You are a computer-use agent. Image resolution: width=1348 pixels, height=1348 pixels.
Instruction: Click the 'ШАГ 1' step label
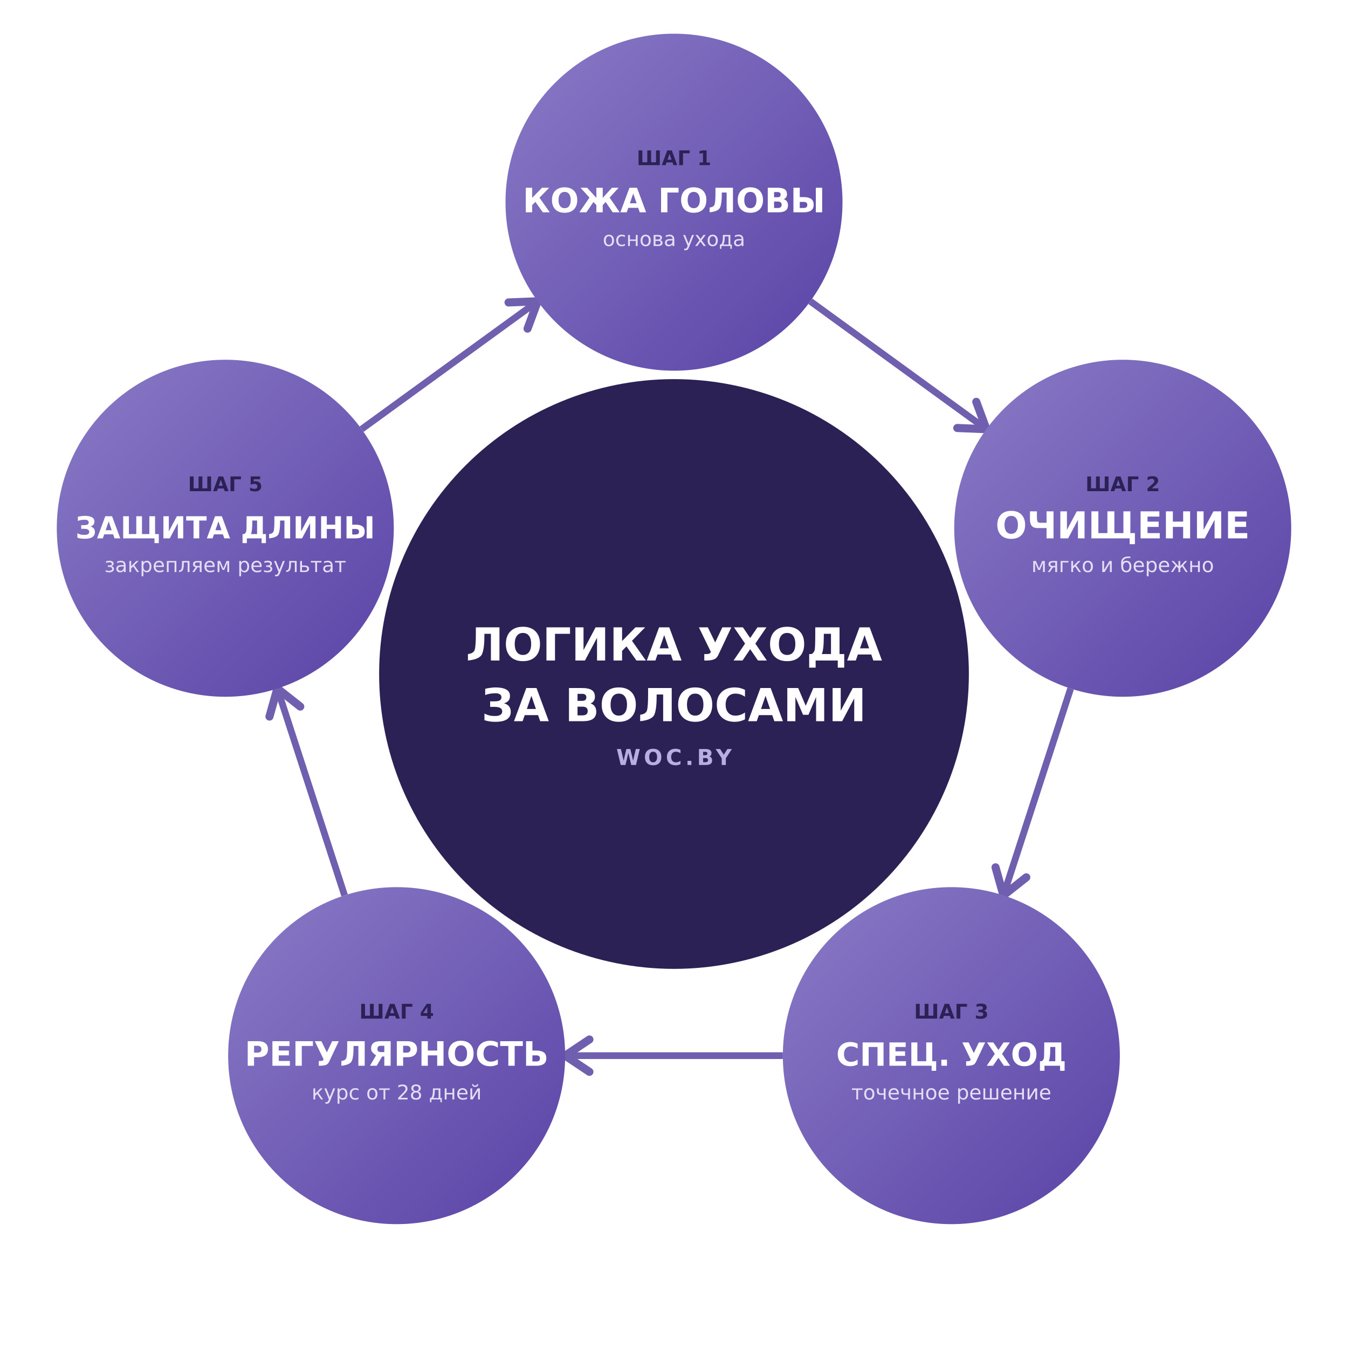coord(674,159)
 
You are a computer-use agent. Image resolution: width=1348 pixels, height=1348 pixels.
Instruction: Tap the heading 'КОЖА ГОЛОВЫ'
coord(674,201)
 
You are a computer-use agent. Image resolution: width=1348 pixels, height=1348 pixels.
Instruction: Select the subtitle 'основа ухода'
coord(674,239)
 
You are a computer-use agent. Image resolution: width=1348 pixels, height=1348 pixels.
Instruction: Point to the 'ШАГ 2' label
coord(1123,484)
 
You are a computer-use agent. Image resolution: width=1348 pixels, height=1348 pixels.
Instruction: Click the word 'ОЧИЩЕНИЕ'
coord(1123,526)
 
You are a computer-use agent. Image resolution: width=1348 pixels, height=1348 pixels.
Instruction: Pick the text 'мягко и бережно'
coord(1123,565)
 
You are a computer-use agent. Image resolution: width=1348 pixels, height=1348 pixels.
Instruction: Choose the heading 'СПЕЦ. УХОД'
coord(952,1055)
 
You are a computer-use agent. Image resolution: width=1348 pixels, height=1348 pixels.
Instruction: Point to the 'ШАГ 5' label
coord(225,484)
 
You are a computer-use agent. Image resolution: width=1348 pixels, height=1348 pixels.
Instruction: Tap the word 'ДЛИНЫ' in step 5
coord(308,528)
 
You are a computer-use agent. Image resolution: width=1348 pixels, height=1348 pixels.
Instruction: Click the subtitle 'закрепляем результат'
coord(225,565)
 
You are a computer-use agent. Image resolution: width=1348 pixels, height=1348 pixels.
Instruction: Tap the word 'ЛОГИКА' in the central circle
coord(574,645)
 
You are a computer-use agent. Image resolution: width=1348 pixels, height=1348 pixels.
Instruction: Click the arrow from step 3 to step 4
coord(674,1056)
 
